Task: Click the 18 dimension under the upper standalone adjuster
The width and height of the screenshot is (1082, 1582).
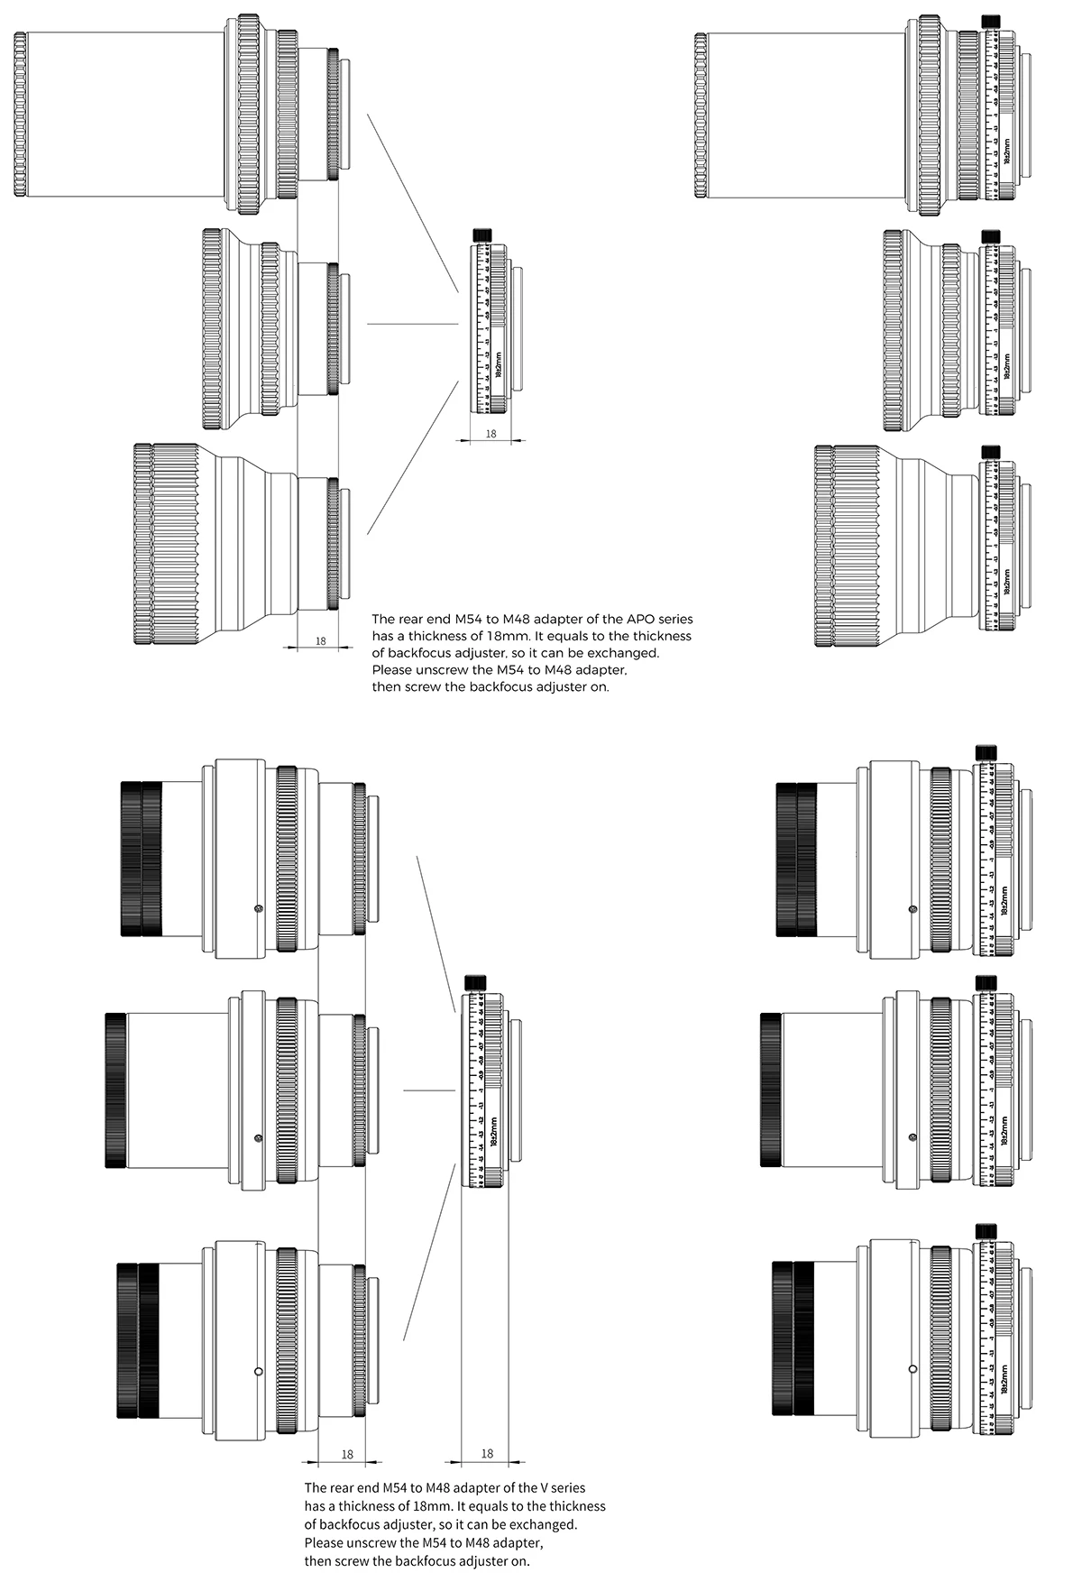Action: [491, 434]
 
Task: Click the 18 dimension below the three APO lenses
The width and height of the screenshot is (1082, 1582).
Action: [320, 641]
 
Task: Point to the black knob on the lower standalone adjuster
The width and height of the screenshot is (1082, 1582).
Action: [474, 982]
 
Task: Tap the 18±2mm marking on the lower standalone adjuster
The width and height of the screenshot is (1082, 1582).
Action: [493, 1132]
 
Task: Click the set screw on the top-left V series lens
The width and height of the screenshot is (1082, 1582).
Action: [259, 908]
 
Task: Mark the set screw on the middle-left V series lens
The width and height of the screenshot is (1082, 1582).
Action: [259, 1137]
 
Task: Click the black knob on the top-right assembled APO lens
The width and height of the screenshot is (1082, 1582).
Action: [992, 20]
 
